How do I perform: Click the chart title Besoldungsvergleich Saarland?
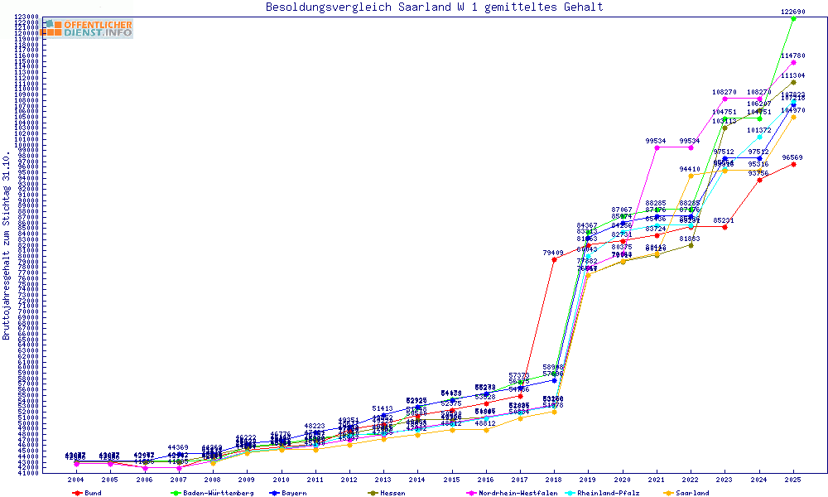click(x=434, y=7)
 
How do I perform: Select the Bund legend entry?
click(x=92, y=493)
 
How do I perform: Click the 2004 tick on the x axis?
click(x=76, y=480)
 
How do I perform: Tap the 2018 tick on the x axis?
click(x=553, y=480)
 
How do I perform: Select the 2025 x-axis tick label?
click(x=793, y=480)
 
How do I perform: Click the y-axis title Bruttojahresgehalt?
click(x=7, y=245)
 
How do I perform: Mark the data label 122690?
click(x=793, y=12)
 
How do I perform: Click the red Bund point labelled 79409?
click(x=554, y=259)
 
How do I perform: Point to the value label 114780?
click(x=793, y=55)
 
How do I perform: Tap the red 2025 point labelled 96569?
click(x=793, y=164)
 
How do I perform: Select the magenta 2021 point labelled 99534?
click(x=657, y=147)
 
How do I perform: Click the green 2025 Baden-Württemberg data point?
click(x=793, y=18)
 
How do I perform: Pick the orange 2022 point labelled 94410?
click(x=691, y=176)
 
